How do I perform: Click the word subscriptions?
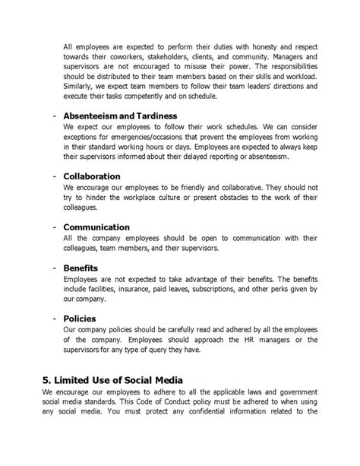tap(232, 290)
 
